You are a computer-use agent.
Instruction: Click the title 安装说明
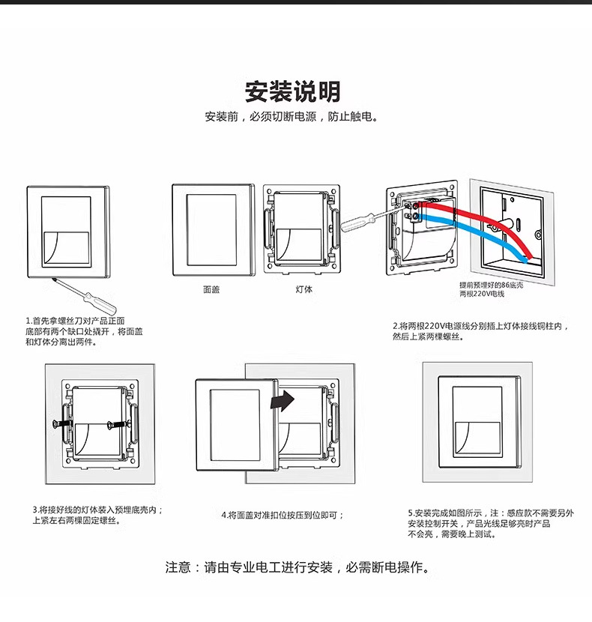click(293, 92)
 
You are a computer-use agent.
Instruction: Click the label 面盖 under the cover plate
click(211, 289)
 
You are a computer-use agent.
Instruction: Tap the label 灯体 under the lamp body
click(303, 289)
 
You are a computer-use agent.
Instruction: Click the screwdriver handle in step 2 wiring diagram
click(354, 222)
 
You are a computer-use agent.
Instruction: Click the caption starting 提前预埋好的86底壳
click(491, 289)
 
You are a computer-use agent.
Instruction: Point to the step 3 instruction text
click(97, 515)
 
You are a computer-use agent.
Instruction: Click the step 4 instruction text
click(283, 515)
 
